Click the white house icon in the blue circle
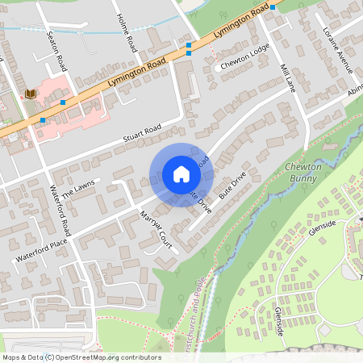point(181,174)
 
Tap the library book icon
point(31,94)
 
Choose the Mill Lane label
point(287,78)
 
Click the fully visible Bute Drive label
point(232,186)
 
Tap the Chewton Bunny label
point(304,173)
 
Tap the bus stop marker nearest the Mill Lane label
point(273,7)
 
